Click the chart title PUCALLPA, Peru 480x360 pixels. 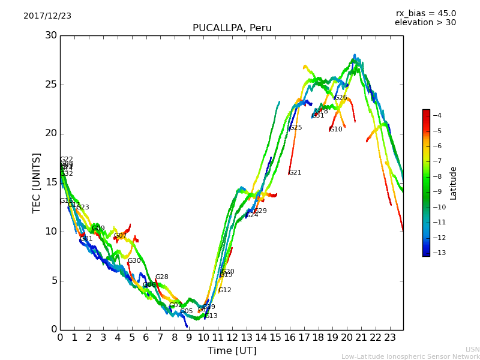tap(232, 28)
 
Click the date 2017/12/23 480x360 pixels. tap(47, 16)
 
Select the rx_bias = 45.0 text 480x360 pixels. tap(425, 13)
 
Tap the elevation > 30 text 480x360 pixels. tap(425, 23)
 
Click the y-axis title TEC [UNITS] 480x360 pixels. tap(37, 182)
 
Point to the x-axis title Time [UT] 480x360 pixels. tap(232, 350)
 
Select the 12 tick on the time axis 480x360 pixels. tap(232, 338)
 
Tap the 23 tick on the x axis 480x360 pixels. tap(389, 338)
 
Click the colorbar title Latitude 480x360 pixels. tap(454, 183)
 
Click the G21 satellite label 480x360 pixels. tap(295, 173)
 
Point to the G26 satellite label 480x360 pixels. tap(341, 98)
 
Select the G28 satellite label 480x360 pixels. tap(162, 277)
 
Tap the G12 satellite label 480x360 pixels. tap(224, 290)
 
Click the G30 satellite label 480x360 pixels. tap(134, 261)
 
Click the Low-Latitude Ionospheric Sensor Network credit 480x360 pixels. tap(410, 356)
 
